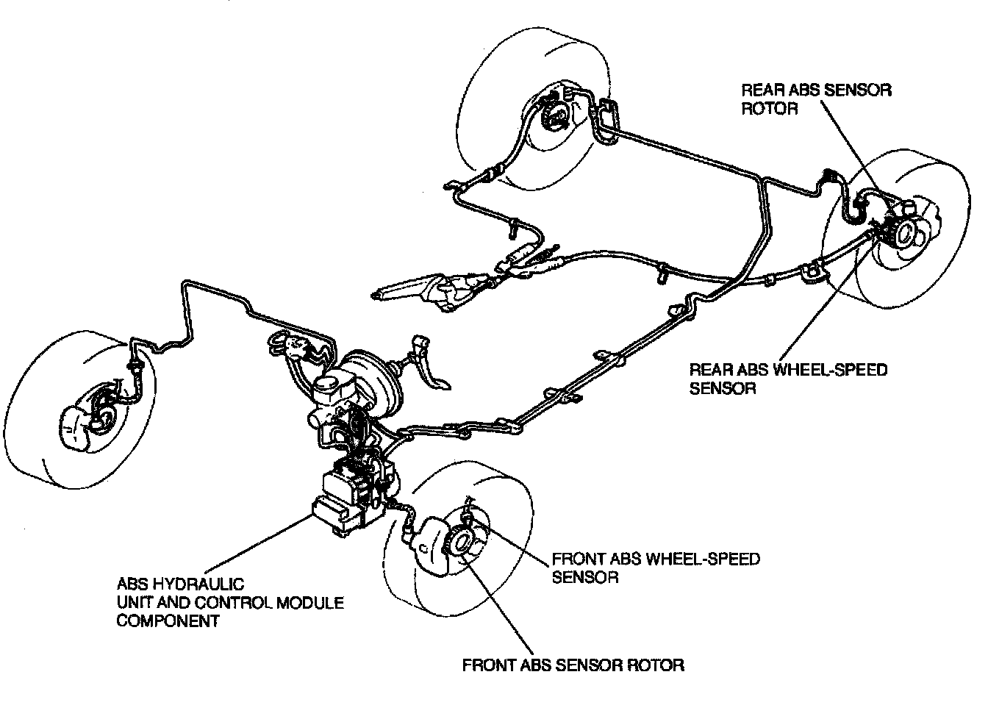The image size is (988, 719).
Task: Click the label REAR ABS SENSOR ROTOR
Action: (x=816, y=99)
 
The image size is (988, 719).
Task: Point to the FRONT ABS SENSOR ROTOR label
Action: (x=573, y=665)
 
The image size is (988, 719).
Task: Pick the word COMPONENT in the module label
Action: (x=168, y=620)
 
